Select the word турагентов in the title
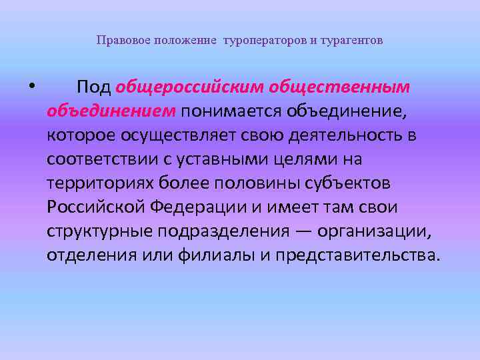(x=353, y=41)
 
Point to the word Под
(x=93, y=87)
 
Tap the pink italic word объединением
(x=111, y=110)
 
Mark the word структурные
(x=101, y=231)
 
